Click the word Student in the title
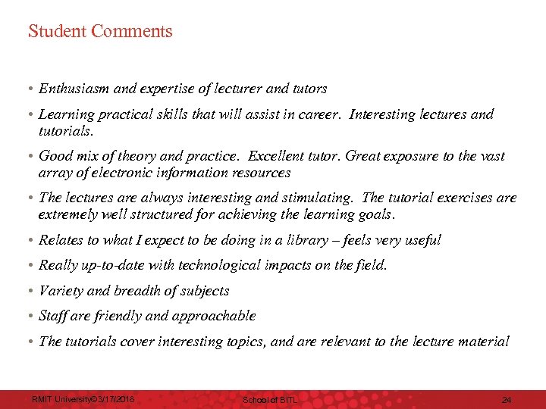pyautogui.click(x=57, y=32)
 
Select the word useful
pyautogui.click(x=422, y=240)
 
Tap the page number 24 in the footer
pyautogui.click(x=507, y=399)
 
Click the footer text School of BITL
pyautogui.click(x=270, y=399)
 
